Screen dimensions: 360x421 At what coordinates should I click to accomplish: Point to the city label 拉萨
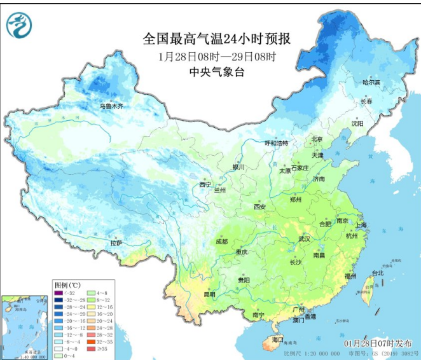(115, 242)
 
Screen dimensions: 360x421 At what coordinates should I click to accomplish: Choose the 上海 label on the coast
(361, 225)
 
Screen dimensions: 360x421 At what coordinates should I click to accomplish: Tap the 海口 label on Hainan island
(278, 340)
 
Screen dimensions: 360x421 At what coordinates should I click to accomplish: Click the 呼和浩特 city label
(277, 144)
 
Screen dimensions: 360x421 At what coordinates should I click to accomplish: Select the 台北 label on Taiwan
(377, 273)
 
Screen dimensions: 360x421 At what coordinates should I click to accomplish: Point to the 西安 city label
(259, 207)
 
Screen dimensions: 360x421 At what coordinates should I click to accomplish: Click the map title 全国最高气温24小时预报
(217, 39)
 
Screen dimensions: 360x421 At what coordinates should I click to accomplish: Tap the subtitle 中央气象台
(217, 72)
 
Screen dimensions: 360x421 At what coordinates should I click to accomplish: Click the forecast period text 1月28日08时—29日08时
(217, 56)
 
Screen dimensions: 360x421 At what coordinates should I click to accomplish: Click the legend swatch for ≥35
(90, 349)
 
